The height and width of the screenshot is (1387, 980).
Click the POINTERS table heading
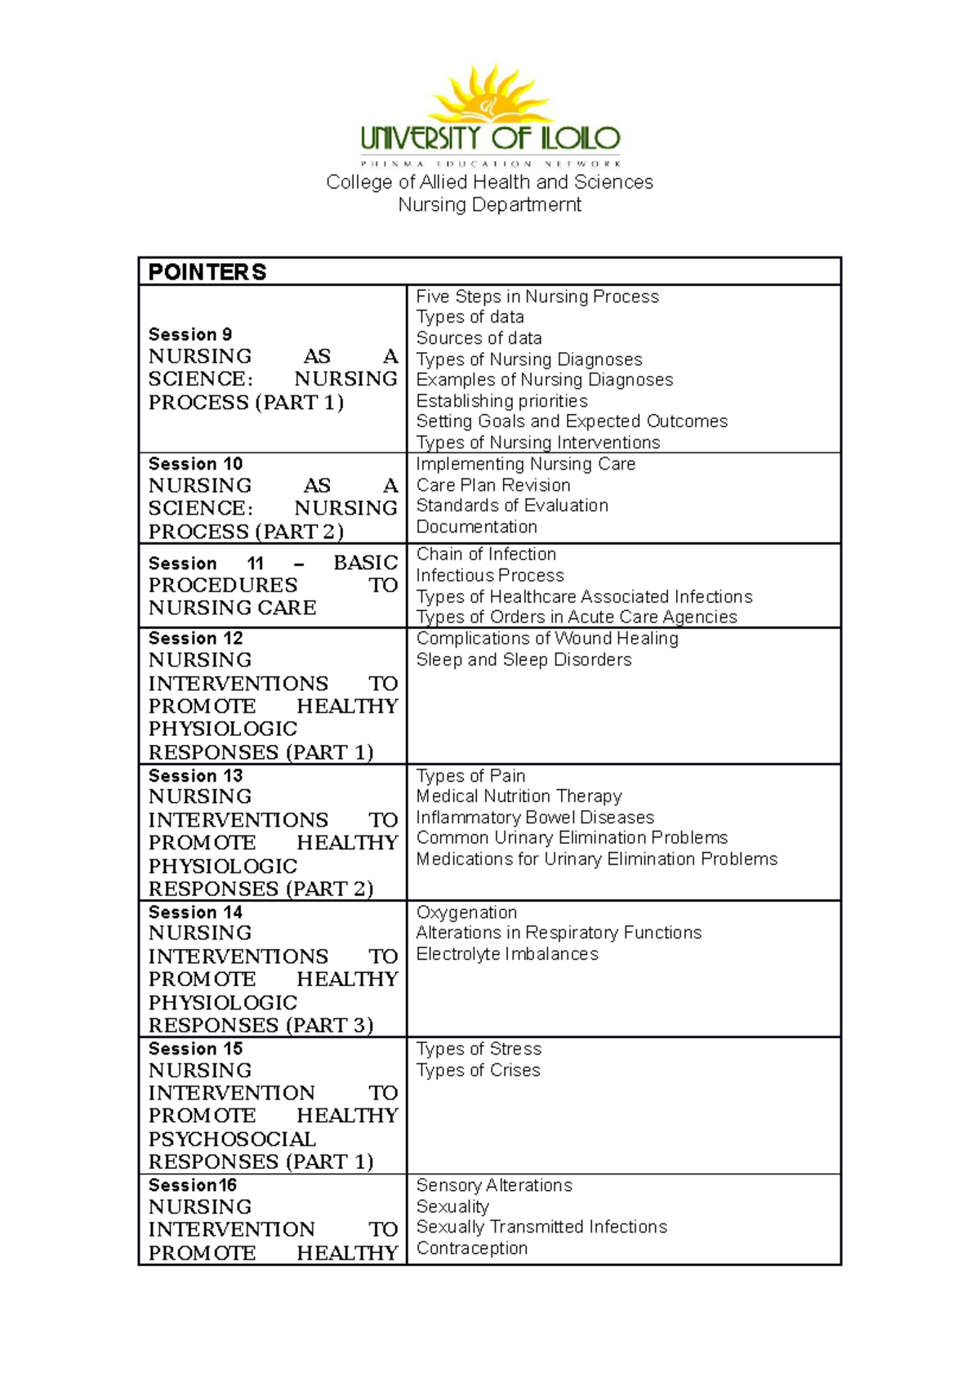coord(207,272)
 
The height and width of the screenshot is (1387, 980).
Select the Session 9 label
coord(190,334)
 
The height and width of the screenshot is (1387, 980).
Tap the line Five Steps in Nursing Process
coord(537,297)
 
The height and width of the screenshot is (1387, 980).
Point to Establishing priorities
coord(501,401)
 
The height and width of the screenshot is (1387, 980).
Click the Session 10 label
coord(195,463)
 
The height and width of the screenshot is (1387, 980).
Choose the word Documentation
coord(476,527)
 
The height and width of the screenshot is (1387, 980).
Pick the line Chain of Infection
coord(486,554)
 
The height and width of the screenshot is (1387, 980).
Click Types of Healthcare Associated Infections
coord(584,596)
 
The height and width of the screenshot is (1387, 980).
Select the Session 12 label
coord(195,638)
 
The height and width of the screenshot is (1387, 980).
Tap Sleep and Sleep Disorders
coord(523,659)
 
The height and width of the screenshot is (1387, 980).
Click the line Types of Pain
coord(470,775)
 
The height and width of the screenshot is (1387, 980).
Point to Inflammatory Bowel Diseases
coord(535,818)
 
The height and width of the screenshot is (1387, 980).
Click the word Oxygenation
coord(466,912)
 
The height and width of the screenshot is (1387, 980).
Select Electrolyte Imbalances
coord(506,954)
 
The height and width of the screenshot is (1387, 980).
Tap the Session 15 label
coord(195,1048)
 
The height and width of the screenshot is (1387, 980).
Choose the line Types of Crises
coord(478,1070)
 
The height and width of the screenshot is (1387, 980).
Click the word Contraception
coord(471,1248)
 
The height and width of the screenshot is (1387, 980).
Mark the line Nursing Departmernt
coord(489,205)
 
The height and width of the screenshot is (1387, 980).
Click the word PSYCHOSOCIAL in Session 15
coord(232,1139)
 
